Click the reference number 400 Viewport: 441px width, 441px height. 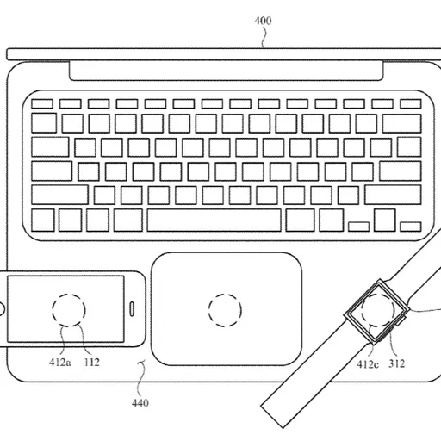click(263, 21)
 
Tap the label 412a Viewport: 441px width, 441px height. click(59, 363)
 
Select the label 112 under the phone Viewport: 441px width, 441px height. click(92, 363)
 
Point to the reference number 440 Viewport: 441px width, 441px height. click(140, 403)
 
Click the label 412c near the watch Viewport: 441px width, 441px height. click(368, 364)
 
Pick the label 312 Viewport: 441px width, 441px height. click(397, 363)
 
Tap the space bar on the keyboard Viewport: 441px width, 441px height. click(214, 220)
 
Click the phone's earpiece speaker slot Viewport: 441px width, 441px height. click(132, 309)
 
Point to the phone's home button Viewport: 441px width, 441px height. click(3, 309)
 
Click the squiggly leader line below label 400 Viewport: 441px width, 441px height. click(264, 37)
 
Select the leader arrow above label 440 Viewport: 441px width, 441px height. click(141, 379)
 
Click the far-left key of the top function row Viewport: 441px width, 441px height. click(42, 103)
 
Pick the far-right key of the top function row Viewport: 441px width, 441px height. click(411, 103)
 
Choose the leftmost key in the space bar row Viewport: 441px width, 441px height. click(43, 220)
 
